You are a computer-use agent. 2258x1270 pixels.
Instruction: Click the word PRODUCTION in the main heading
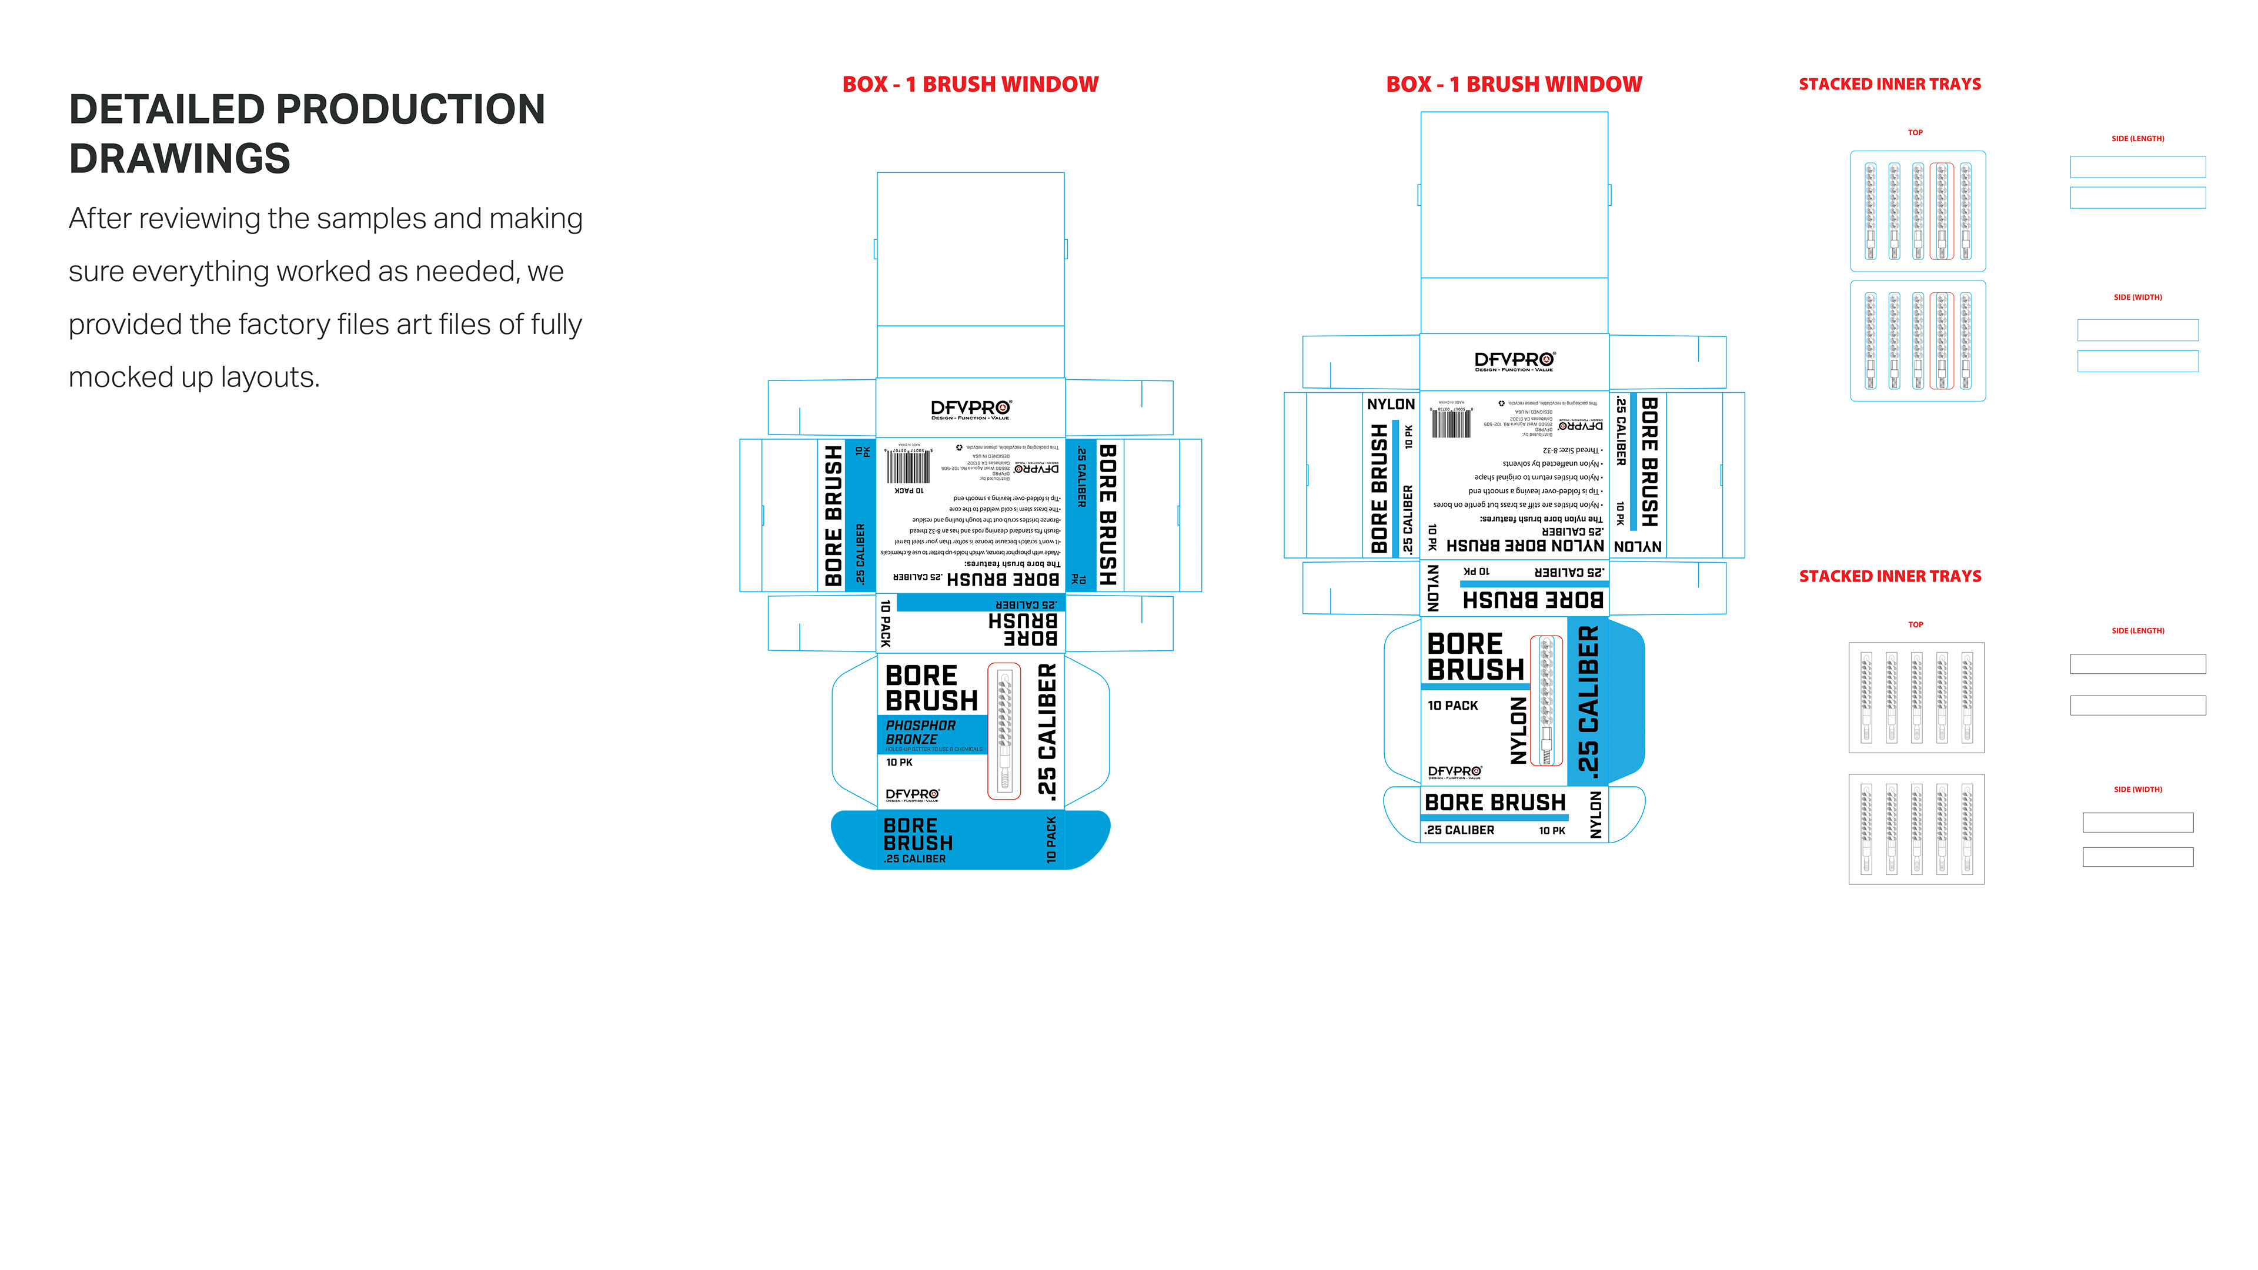(x=410, y=109)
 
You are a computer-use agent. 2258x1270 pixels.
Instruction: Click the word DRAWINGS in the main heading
(x=180, y=159)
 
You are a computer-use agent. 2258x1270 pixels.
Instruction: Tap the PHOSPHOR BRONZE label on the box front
(x=920, y=732)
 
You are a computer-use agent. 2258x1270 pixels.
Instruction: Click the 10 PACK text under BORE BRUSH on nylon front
(x=1452, y=706)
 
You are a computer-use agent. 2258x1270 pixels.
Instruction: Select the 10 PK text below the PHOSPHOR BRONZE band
(x=898, y=763)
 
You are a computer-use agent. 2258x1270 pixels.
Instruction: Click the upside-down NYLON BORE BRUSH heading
(x=1525, y=545)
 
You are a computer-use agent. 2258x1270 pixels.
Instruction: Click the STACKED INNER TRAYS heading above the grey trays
(x=1890, y=576)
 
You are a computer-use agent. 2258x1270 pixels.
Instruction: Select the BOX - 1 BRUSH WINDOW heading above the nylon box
(x=1514, y=84)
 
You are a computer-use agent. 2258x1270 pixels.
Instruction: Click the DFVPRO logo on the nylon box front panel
(x=1454, y=772)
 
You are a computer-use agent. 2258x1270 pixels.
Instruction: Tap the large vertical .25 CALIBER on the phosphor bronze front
(x=1047, y=730)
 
